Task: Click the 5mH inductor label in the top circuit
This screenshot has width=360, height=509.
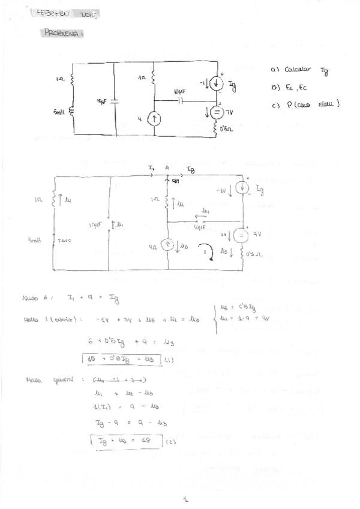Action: coord(59,112)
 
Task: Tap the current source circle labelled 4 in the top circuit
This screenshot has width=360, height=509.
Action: coord(154,119)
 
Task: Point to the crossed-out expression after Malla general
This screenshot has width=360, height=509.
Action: coord(119,379)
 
